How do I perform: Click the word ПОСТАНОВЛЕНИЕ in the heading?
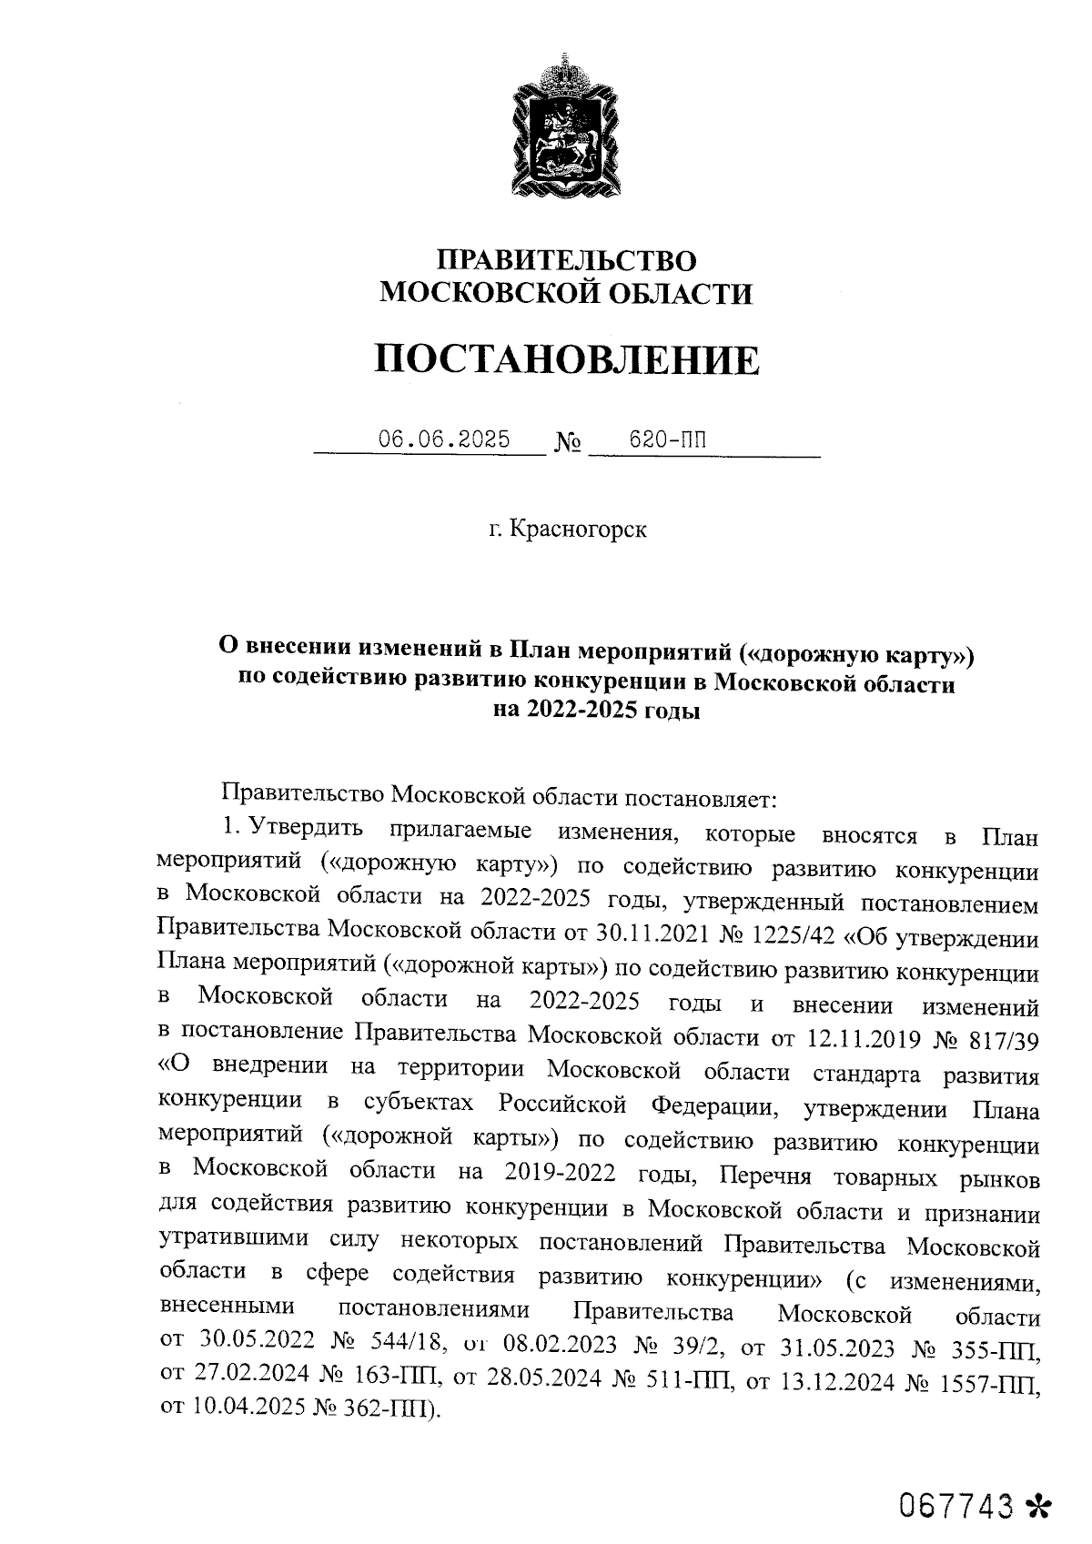click(x=566, y=360)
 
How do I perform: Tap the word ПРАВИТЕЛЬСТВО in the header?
click(x=566, y=261)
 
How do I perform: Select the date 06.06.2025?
click(x=444, y=440)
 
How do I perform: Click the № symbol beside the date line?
click(x=569, y=444)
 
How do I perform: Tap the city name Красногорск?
click(x=578, y=530)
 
